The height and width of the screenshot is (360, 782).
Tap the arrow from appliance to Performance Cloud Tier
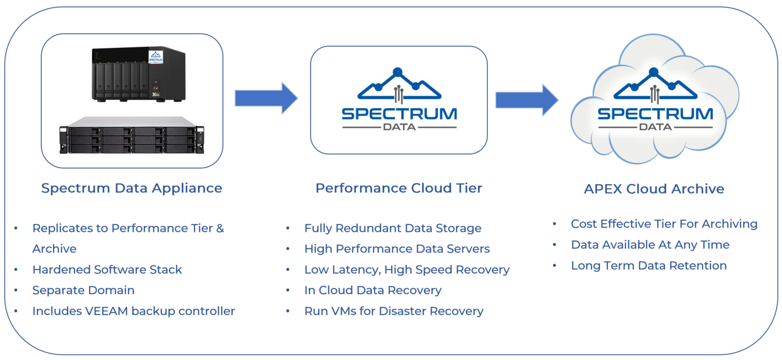(266, 98)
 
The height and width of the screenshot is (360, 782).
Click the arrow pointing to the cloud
(526, 100)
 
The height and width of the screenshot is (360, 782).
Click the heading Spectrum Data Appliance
(131, 188)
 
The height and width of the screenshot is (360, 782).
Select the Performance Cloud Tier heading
(399, 188)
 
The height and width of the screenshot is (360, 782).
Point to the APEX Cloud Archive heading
(654, 189)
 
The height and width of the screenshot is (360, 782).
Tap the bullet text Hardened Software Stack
(107, 269)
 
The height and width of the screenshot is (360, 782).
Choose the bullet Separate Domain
(83, 290)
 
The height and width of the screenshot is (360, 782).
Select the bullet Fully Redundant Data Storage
(393, 228)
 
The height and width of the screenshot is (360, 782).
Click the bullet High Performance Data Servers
(397, 249)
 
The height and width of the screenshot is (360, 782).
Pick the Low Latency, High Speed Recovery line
(407, 270)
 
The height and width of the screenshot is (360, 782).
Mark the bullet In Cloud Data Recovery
(373, 290)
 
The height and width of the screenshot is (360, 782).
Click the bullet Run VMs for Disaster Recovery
(394, 311)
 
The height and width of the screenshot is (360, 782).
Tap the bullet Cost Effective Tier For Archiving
(664, 224)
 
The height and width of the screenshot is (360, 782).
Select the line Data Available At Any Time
(650, 245)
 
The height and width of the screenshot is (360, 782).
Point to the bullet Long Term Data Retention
(649, 266)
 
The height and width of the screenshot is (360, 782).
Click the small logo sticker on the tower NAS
(155, 57)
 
